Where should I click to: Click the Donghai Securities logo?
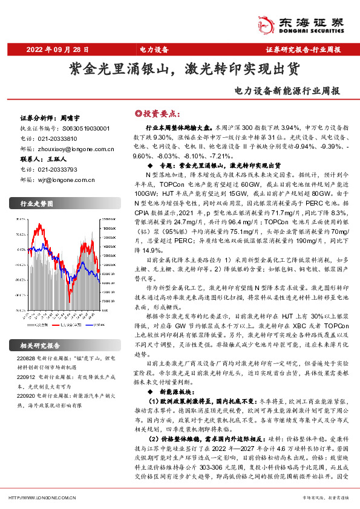coord(306,22)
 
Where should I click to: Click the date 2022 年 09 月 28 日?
coord(57,49)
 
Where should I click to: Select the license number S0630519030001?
coord(86,129)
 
